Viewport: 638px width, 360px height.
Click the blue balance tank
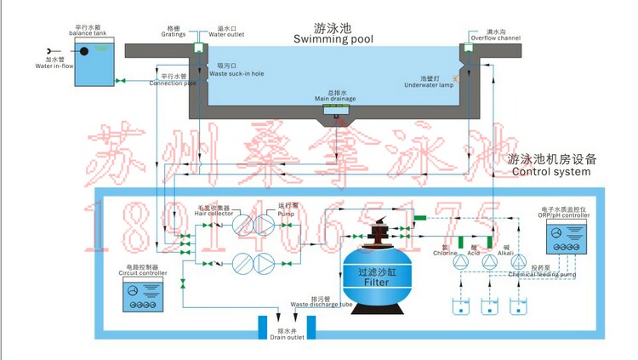[x=96, y=63]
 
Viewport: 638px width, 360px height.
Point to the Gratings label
[x=174, y=32]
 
